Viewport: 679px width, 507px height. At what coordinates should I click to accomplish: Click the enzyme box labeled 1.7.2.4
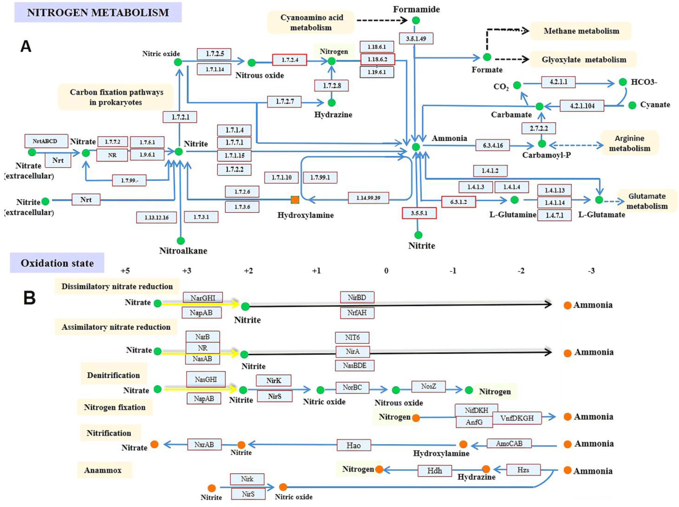pos(289,60)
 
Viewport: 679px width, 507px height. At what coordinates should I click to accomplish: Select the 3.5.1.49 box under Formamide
pos(416,39)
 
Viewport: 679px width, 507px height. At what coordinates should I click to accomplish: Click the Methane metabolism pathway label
pos(581,31)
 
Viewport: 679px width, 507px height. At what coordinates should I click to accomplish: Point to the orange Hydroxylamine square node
pos(295,200)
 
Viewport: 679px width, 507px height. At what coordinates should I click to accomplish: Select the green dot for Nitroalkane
pos(181,241)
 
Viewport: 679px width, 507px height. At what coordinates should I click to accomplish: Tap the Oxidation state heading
pos(57,263)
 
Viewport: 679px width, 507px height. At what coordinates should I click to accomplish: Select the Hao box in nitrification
pos(354,445)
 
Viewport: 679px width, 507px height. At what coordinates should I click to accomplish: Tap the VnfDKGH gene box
pos(517,418)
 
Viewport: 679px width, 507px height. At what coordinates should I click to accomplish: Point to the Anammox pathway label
pos(103,470)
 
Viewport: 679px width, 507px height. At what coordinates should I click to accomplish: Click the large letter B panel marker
pos(30,298)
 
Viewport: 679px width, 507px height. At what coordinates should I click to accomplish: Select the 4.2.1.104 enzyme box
pos(582,106)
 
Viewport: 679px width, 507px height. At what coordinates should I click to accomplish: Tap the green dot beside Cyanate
pos(632,105)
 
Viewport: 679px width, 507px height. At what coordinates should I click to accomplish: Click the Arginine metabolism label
pos(630,143)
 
